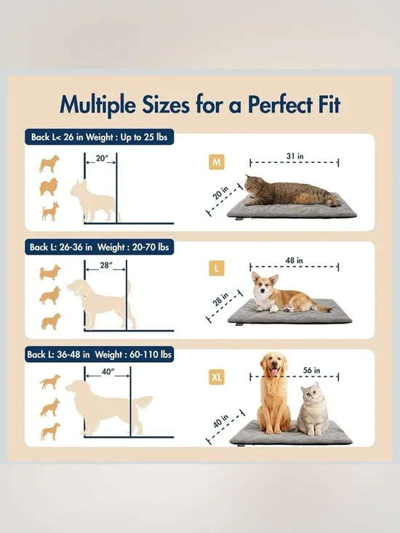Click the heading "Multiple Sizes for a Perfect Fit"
(x=200, y=105)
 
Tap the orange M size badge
(x=216, y=162)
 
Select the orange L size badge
(x=216, y=269)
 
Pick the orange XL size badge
(x=217, y=377)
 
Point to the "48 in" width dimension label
(x=295, y=260)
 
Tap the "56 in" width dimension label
(x=311, y=370)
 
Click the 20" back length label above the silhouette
(x=101, y=159)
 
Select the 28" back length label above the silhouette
(x=106, y=265)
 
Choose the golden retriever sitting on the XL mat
(x=275, y=393)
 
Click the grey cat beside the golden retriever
(x=313, y=409)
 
